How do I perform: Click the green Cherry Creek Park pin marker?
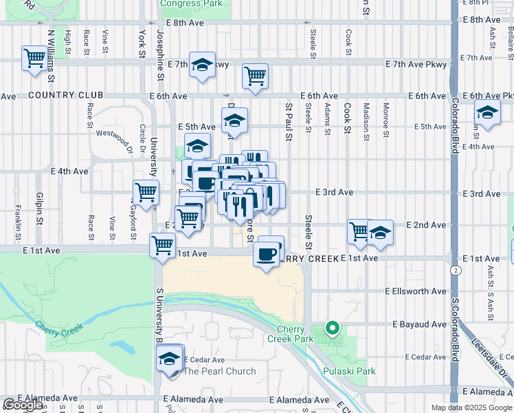tap(333, 328)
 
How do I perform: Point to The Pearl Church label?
tap(220, 371)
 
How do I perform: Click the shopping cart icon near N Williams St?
tap(34, 58)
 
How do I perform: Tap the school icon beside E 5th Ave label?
tap(234, 121)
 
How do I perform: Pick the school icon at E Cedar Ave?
tap(169, 359)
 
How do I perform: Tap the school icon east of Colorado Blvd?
tap(487, 113)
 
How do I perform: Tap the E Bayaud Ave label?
tap(419, 324)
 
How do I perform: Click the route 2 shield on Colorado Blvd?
tap(455, 271)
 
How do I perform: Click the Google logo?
tap(23, 405)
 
